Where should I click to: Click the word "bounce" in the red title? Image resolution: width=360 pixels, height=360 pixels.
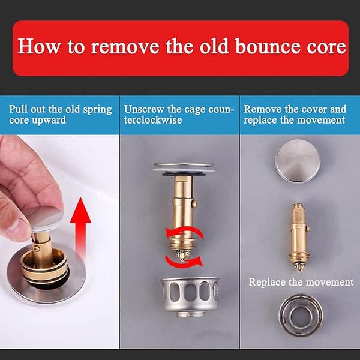point(268,46)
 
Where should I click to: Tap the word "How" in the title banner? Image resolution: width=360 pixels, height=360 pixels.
point(38,46)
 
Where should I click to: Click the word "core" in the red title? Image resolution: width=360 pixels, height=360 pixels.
point(326,48)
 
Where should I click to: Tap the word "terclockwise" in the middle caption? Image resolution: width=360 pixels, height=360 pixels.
point(153,120)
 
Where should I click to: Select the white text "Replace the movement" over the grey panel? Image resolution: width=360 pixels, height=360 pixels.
point(301,282)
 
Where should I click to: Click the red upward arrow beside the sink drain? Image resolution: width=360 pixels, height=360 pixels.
point(80,227)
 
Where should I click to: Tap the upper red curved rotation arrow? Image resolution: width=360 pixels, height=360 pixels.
point(185,232)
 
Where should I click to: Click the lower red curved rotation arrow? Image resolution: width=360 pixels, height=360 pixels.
point(185,262)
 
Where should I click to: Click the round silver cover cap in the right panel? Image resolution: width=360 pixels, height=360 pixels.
point(298,161)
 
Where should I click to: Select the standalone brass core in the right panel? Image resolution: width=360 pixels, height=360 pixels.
point(299,236)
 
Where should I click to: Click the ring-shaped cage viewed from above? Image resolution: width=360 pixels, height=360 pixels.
point(301,315)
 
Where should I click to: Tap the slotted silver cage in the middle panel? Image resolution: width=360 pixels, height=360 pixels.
point(190,297)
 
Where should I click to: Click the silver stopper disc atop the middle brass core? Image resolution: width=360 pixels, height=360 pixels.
point(184,168)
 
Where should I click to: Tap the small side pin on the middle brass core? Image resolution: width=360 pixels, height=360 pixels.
point(194,203)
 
